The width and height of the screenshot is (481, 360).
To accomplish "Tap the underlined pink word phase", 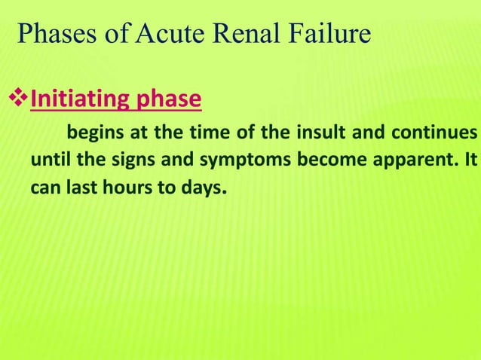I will point(164,99).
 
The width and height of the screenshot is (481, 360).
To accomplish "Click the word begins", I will point(93,135).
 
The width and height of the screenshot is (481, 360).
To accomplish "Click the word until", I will point(48,161).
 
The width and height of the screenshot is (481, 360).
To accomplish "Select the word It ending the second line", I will point(470,161).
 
